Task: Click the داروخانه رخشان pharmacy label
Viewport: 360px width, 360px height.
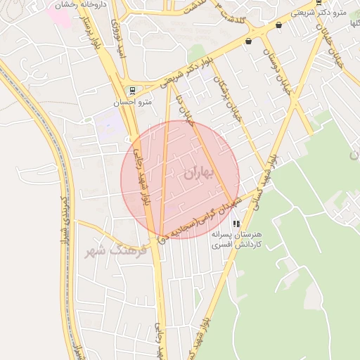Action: [x=76, y=5]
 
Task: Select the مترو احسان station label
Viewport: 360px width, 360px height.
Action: [x=134, y=102]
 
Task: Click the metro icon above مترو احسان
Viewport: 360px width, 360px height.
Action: [x=133, y=90]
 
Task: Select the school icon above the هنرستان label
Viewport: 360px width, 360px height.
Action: [x=236, y=224]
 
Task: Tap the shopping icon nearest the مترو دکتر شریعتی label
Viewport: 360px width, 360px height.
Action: [x=279, y=26]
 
